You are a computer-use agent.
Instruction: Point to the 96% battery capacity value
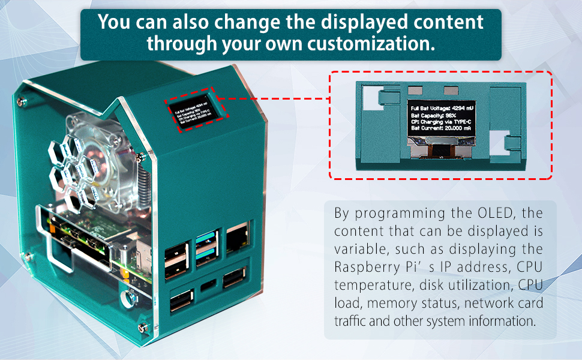(449, 115)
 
